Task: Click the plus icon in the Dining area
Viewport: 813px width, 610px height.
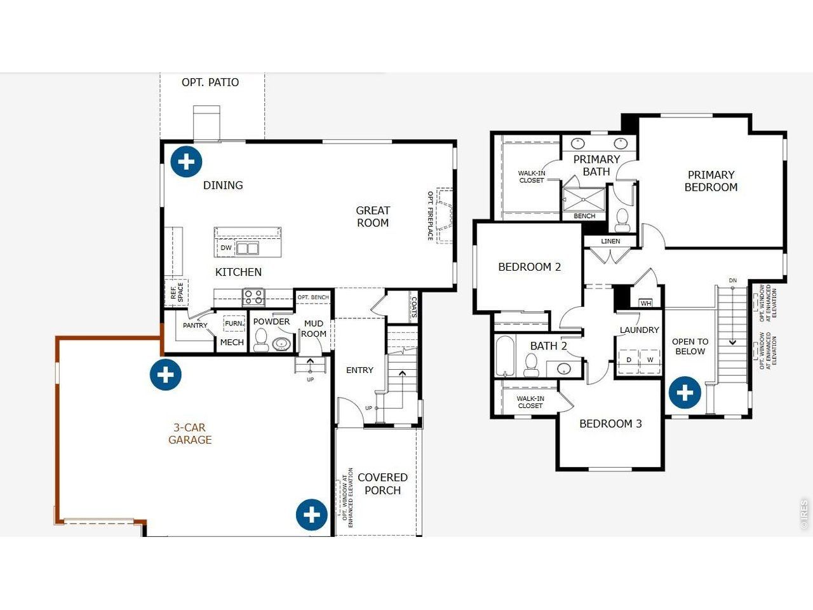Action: tap(186, 161)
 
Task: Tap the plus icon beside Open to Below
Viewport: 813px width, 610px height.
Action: tap(685, 393)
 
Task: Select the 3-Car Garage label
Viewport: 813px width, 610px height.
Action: tap(190, 434)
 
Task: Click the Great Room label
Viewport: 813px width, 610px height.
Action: tap(373, 217)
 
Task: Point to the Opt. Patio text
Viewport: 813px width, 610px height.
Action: tap(210, 83)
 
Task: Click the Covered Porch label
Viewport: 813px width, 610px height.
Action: tap(382, 484)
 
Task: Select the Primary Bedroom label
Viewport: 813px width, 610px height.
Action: tap(711, 181)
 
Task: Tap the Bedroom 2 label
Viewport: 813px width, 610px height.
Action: tap(529, 267)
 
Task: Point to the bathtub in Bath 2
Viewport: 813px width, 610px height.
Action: tap(506, 356)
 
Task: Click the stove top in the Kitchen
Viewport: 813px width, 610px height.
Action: tap(254, 296)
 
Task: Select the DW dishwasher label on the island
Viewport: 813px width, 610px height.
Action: tap(226, 248)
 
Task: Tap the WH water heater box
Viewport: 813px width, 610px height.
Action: tap(646, 303)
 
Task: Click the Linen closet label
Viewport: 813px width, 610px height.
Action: tap(610, 241)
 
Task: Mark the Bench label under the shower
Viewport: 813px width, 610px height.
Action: tap(584, 216)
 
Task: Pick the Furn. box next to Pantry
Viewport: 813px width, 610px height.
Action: tap(234, 323)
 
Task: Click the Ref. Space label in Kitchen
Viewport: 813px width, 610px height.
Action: tap(177, 292)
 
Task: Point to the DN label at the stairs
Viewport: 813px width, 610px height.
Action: tap(733, 280)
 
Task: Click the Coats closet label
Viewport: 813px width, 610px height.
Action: tap(414, 306)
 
